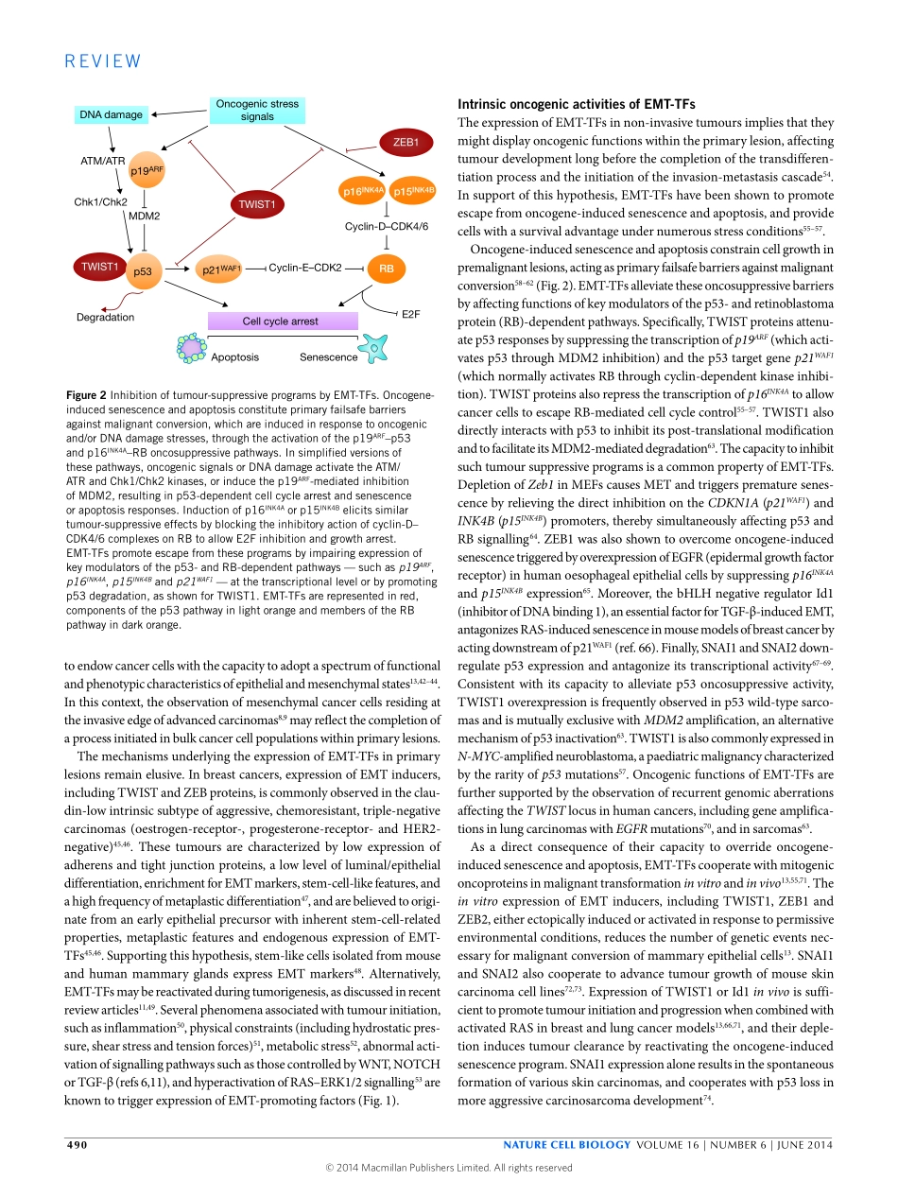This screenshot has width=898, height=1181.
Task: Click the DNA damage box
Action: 111,115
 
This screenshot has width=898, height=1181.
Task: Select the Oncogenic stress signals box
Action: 257,111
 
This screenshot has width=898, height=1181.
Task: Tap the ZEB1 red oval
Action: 406,143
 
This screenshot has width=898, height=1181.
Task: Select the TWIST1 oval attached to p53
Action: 97,267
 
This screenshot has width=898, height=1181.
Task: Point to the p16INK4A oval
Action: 362,190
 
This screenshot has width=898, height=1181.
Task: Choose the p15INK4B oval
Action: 413,190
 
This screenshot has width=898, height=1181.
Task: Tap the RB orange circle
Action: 386,269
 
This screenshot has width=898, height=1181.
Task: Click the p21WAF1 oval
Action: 220,269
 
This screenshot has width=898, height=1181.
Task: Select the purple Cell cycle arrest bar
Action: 281,321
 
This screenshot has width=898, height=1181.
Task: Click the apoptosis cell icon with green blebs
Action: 192,349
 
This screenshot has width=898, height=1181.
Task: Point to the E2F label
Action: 410,313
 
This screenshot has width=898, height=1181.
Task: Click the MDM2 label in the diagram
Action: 144,217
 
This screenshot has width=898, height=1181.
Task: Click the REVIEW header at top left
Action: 103,61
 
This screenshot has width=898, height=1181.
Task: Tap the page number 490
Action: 77,1145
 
